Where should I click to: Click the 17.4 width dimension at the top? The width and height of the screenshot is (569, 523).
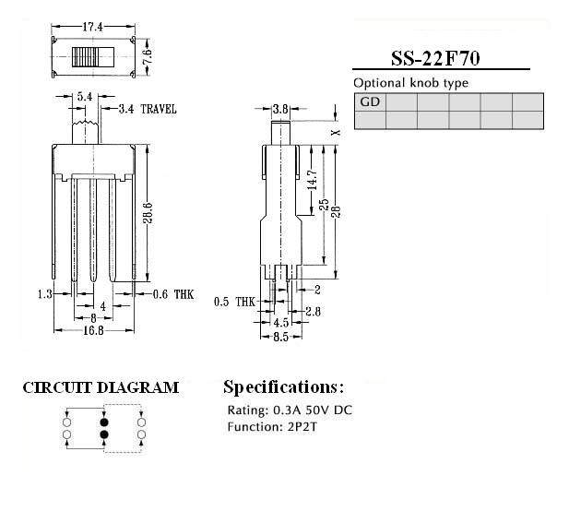click(x=93, y=27)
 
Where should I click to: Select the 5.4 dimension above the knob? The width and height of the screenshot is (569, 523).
click(x=85, y=97)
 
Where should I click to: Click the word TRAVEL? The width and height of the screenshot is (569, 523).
click(x=159, y=109)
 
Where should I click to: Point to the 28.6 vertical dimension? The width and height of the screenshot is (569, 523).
click(x=148, y=213)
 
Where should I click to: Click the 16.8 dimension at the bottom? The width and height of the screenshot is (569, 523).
click(x=94, y=330)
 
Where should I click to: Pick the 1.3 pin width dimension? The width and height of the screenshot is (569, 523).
click(x=45, y=294)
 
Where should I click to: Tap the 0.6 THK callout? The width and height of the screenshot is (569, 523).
click(x=173, y=294)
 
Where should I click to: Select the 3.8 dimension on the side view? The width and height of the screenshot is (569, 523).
click(x=280, y=109)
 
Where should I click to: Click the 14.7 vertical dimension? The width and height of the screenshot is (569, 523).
click(x=312, y=180)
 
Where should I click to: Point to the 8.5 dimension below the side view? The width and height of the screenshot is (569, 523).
click(x=281, y=338)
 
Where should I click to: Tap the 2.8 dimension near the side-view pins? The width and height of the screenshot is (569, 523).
click(x=313, y=312)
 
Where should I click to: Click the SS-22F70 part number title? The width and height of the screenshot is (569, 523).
click(x=435, y=58)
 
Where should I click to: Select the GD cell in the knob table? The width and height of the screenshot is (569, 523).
click(x=370, y=102)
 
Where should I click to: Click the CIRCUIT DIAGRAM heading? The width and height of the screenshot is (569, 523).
click(x=101, y=387)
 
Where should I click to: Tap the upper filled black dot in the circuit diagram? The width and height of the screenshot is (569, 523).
click(x=104, y=422)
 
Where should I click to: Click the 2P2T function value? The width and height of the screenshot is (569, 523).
click(x=302, y=427)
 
